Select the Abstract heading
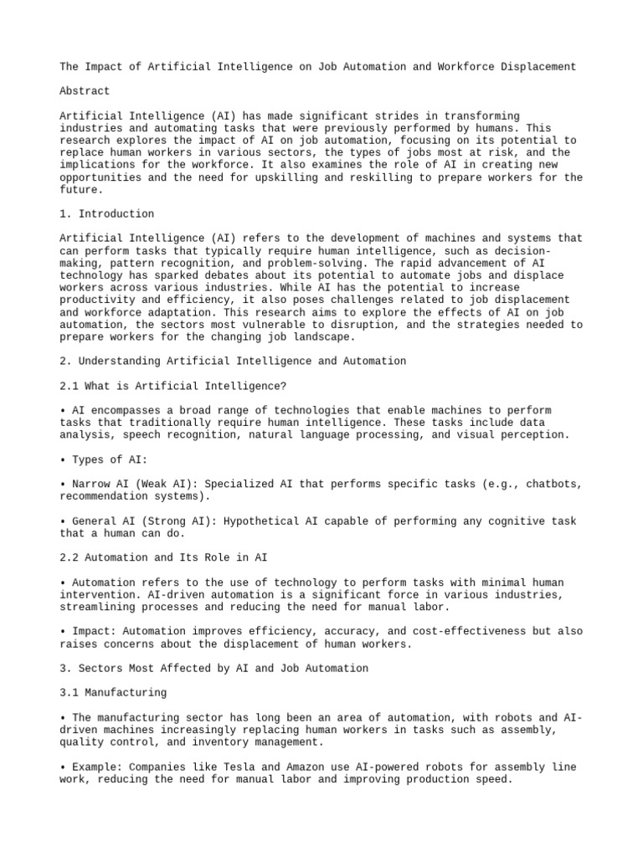click(85, 90)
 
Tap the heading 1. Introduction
click(106, 214)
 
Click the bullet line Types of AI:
click(109, 459)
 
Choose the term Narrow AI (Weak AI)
click(134, 485)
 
